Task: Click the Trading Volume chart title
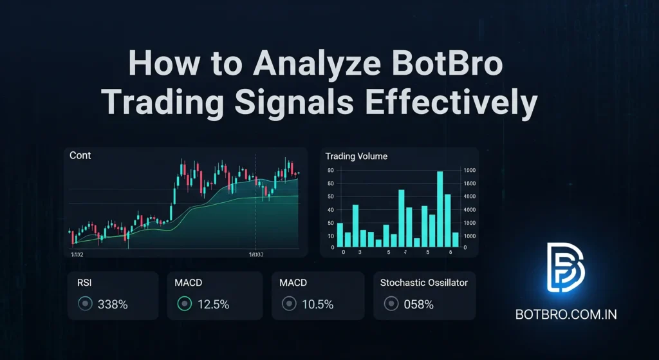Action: (x=356, y=156)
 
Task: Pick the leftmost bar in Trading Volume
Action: (x=340, y=235)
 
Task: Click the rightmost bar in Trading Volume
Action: (x=456, y=240)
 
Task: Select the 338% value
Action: (x=113, y=304)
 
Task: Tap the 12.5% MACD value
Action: (x=212, y=304)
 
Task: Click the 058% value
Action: (x=418, y=304)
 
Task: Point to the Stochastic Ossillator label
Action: (x=424, y=282)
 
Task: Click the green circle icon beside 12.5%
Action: (x=185, y=304)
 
